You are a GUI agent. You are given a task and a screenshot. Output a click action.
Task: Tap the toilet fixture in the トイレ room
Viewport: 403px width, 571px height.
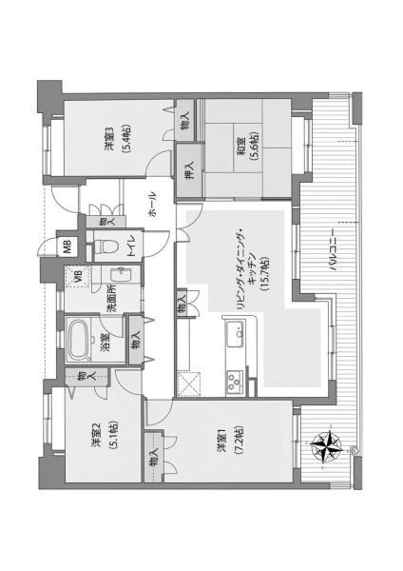pyautogui.click(x=106, y=246)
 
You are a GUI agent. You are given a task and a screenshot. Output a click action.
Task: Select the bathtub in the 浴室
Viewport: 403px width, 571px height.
pyautogui.click(x=80, y=340)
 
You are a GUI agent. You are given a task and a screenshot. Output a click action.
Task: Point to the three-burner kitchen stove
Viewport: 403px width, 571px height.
pyautogui.click(x=235, y=382)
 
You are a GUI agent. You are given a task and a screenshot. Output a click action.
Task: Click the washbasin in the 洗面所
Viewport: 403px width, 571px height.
pyautogui.click(x=119, y=275)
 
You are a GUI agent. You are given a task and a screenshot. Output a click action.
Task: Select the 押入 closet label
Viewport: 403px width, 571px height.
pyautogui.click(x=189, y=170)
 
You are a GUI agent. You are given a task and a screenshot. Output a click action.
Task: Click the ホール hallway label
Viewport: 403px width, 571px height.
pyautogui.click(x=153, y=205)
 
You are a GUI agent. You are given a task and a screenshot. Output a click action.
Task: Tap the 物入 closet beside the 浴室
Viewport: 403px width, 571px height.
pyautogui.click(x=136, y=341)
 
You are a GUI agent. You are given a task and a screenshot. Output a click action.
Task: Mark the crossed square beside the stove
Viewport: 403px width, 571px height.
pyautogui.click(x=188, y=384)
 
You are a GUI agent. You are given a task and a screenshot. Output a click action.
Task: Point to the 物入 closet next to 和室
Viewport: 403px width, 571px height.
pyautogui.click(x=184, y=120)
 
